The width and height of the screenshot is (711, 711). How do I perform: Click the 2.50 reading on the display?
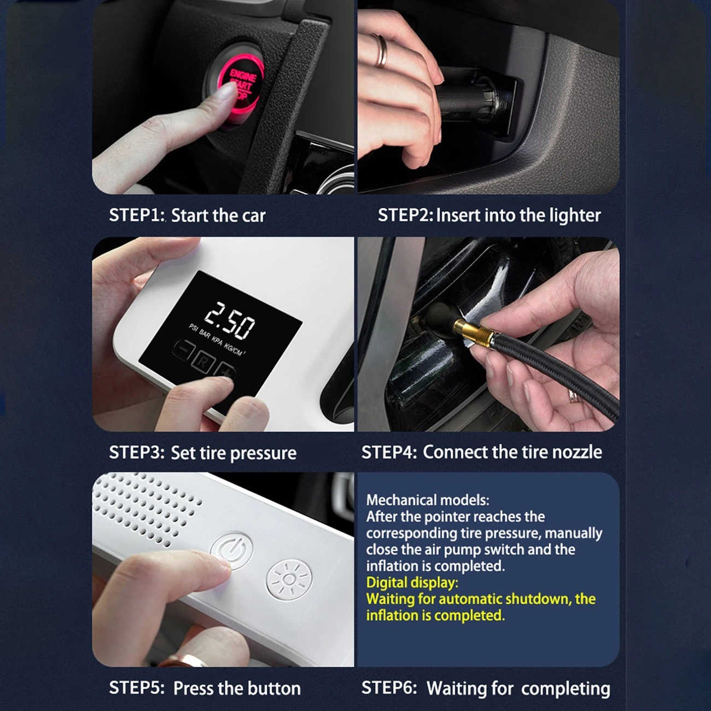click(x=230, y=320)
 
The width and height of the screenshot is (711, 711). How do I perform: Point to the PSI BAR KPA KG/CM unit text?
click(x=217, y=339)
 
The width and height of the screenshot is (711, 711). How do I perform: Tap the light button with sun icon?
click(x=289, y=578)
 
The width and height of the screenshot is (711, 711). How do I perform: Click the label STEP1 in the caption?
click(x=136, y=215)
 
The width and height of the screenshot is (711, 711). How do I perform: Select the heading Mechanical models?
click(x=427, y=500)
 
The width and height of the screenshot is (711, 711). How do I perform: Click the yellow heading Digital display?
click(x=412, y=582)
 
